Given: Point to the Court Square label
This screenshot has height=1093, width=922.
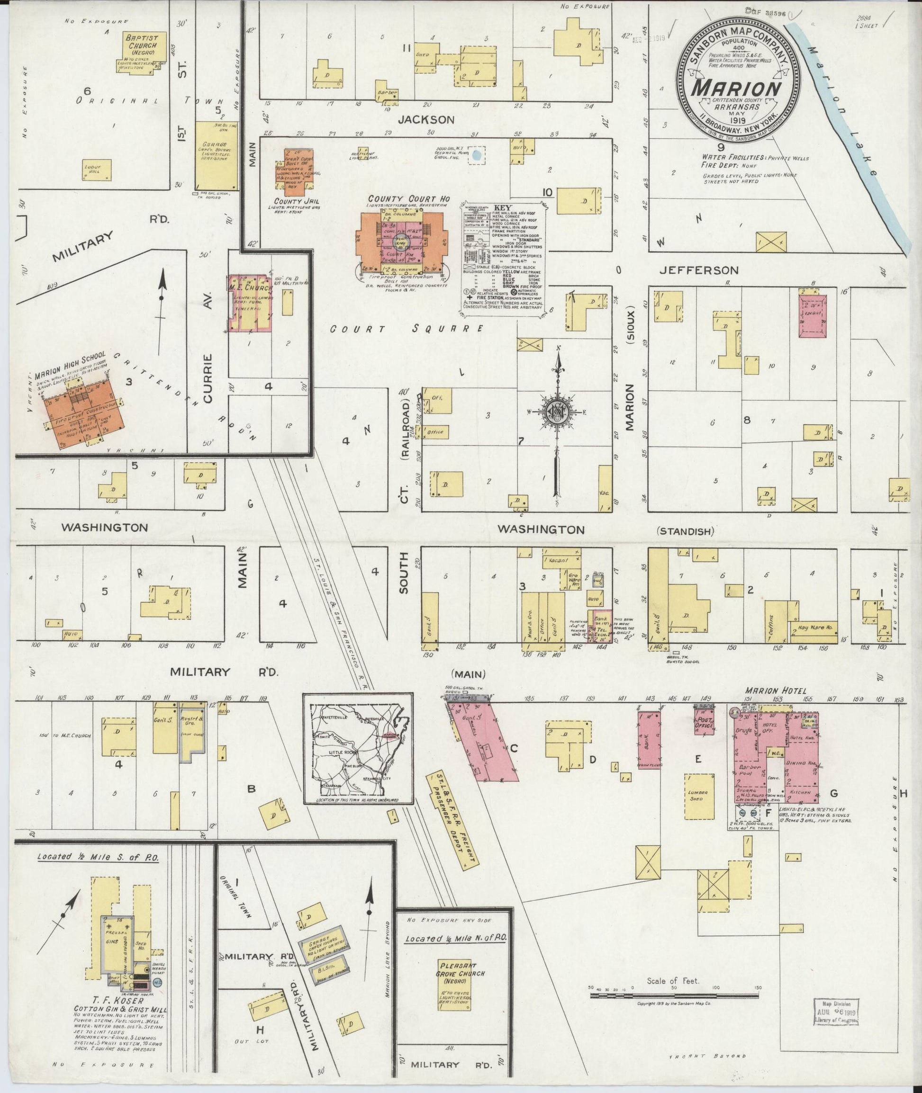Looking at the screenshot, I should tap(406, 329).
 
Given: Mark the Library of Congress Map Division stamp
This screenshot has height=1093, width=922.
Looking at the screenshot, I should tap(836, 1010).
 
